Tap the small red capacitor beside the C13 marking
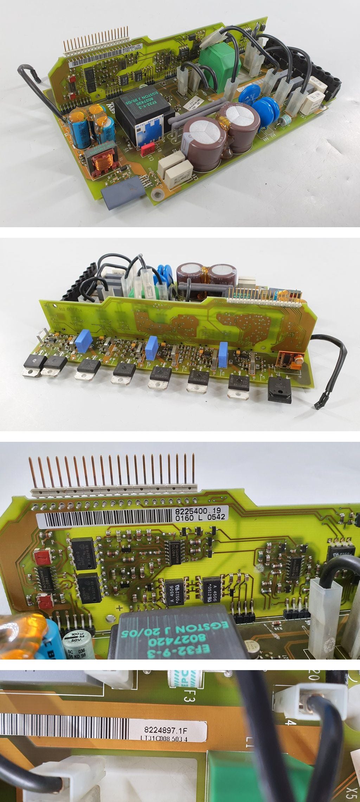[147, 148]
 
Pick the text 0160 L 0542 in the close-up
[200, 517]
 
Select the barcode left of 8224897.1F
[63, 721]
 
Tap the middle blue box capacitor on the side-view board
[152, 348]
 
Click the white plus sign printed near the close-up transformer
[120, 607]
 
